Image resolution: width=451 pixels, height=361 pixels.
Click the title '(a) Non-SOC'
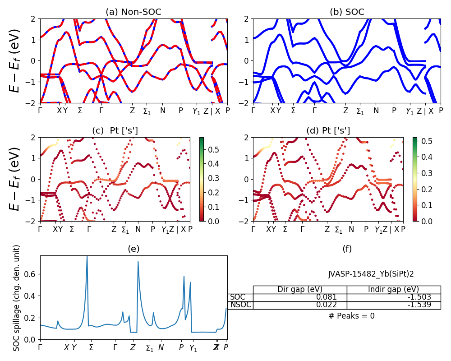(133, 12)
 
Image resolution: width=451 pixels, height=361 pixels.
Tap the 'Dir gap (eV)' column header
(299, 289)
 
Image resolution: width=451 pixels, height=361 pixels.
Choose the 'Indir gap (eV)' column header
(393, 289)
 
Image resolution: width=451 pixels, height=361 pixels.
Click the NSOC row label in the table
(240, 305)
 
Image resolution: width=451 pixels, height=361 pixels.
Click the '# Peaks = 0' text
(351, 316)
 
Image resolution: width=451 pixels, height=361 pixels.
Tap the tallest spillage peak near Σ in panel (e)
(87, 257)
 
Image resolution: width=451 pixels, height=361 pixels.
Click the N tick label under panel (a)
(163, 111)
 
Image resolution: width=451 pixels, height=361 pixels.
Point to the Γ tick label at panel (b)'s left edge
(253, 111)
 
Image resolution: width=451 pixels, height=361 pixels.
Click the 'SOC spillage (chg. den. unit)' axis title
(17, 297)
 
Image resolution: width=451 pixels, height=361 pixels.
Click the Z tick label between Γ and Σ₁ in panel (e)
(133, 347)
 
